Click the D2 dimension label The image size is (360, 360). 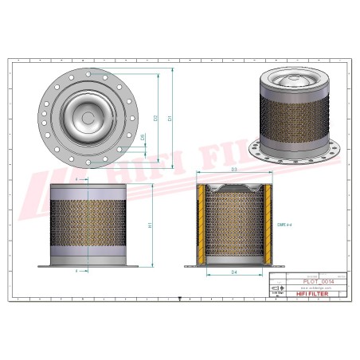[156, 119]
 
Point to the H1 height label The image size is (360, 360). [151, 225]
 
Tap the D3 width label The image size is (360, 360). [234, 171]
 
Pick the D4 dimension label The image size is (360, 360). [234, 274]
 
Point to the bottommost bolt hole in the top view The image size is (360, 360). [87, 164]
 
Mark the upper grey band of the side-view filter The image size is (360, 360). [87, 192]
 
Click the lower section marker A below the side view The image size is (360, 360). [76, 271]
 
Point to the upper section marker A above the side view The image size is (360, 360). [76, 181]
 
